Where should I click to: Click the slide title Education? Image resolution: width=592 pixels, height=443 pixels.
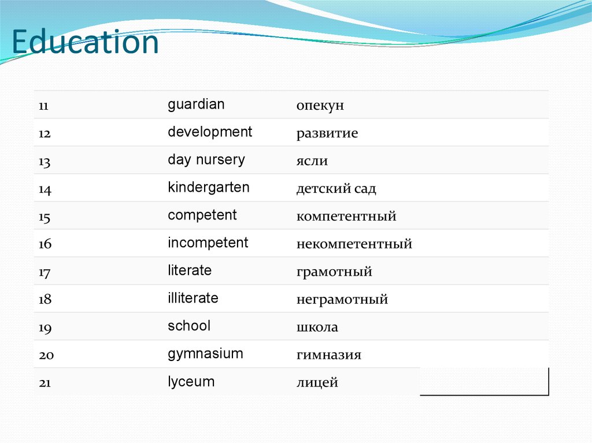point(85,43)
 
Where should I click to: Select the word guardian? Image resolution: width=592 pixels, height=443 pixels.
point(196,105)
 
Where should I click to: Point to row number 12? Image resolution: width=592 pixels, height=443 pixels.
point(45,134)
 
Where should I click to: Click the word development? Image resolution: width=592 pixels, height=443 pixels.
point(210,132)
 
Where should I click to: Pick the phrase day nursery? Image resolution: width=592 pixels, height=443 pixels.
point(206,160)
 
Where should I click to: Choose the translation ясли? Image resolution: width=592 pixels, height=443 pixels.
point(312,161)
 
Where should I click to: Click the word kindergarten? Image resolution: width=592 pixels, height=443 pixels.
point(209,188)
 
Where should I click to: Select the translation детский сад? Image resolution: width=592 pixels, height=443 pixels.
point(336,189)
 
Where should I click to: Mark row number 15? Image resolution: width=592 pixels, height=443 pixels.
point(45,217)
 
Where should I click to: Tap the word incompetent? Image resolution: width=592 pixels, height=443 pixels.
point(208,243)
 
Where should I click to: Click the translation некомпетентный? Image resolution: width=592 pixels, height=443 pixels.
point(354,244)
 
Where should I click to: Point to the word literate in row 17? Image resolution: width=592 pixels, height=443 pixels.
point(190,270)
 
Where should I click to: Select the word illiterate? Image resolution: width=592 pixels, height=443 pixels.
point(193,299)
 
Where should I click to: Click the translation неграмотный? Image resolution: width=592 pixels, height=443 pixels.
point(342,300)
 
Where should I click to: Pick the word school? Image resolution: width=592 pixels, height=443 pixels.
point(189,326)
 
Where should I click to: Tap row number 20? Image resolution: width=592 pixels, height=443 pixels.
point(46,355)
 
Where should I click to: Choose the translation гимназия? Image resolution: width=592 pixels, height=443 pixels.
point(328,355)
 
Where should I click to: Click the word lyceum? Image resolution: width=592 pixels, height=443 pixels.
point(191,382)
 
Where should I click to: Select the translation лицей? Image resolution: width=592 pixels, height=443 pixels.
point(317,383)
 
